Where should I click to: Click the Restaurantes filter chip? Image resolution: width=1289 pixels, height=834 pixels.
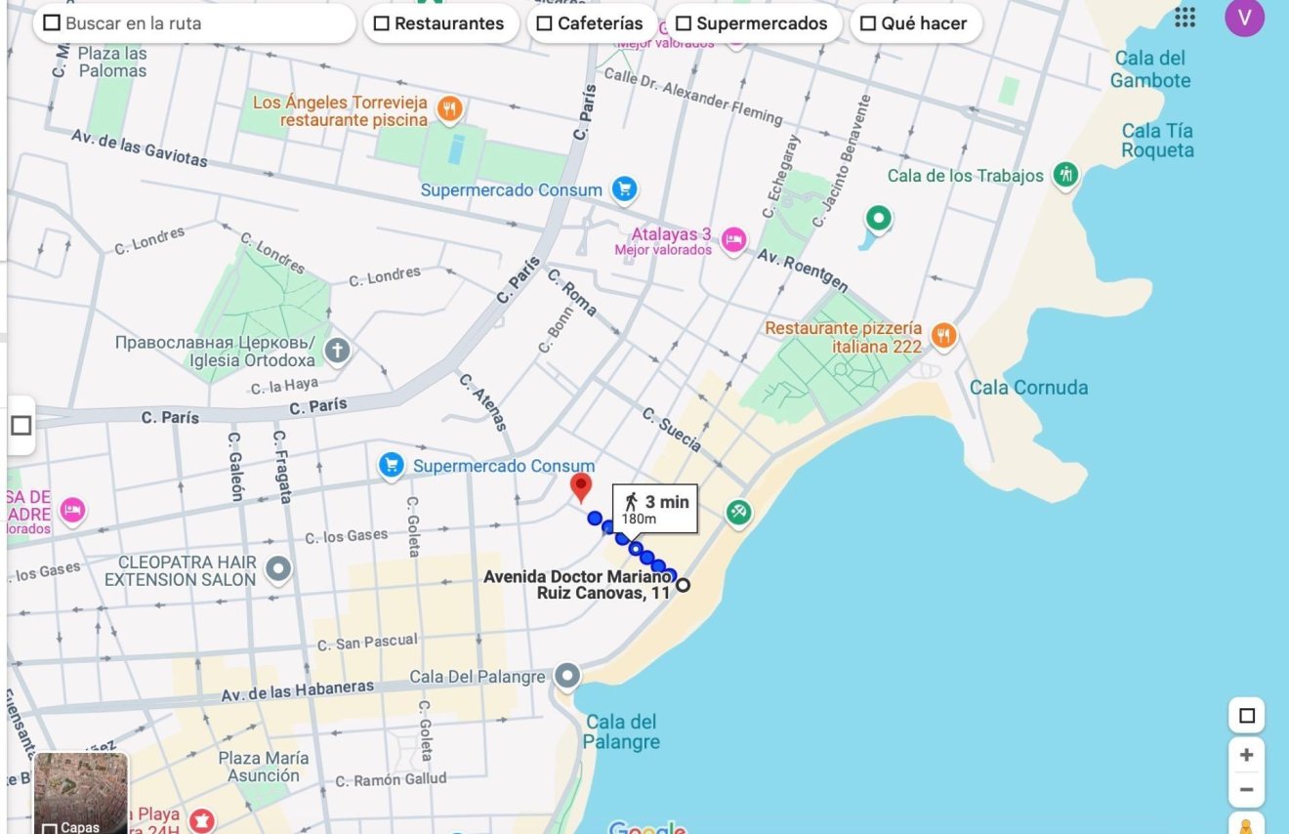[x=439, y=23]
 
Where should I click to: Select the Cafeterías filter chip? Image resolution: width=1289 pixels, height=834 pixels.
[x=590, y=23]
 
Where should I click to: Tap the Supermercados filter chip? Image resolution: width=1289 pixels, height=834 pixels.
[x=752, y=23]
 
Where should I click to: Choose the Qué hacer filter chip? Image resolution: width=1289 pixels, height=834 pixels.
[x=914, y=23]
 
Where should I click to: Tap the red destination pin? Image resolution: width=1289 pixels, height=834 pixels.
[x=581, y=486]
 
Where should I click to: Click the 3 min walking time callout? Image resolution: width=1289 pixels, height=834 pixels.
[x=655, y=508]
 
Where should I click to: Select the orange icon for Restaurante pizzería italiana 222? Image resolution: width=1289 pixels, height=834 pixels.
[x=942, y=336]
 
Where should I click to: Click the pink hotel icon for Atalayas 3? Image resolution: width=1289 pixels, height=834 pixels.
[x=733, y=240]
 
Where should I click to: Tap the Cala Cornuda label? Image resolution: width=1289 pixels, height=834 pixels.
[x=1028, y=388]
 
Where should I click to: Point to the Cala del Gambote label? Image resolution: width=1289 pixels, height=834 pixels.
[x=1150, y=69]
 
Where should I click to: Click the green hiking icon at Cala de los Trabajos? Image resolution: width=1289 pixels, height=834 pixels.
[x=1066, y=176]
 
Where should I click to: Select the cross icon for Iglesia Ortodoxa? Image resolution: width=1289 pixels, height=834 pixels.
[x=337, y=351]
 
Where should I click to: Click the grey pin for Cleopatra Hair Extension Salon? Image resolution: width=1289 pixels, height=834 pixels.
[x=279, y=568]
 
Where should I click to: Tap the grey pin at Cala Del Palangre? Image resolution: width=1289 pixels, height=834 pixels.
[x=567, y=676]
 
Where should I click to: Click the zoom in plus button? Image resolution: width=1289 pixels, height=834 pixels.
[x=1246, y=755]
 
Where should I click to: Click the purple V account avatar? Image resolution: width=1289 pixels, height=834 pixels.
[x=1244, y=18]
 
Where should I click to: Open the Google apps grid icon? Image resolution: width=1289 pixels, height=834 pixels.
[x=1185, y=18]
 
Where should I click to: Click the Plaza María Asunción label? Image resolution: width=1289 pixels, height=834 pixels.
[x=264, y=767]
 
